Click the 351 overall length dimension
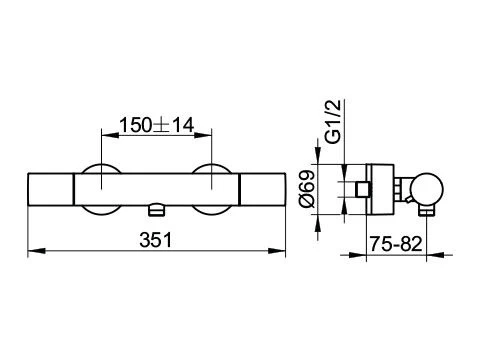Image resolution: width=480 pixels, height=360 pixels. tap(156, 240)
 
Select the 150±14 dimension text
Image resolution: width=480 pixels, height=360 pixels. tap(156, 125)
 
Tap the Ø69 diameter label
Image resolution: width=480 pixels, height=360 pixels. tap(307, 189)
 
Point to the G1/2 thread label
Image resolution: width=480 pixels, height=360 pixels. tap(333, 122)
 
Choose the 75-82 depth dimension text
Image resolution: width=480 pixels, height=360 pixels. tap(396, 244)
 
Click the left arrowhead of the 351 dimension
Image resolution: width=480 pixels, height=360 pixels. tap(36, 251)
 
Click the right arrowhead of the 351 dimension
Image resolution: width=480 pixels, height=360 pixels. tap(277, 251)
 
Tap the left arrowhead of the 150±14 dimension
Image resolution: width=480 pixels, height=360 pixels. tap(110, 135)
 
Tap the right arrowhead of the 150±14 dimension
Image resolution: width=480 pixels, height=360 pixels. tap(203, 135)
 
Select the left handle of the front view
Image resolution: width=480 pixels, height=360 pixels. tap(51, 189)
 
